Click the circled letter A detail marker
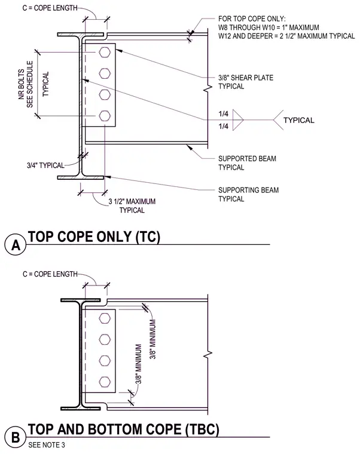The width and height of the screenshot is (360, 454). point(16,245)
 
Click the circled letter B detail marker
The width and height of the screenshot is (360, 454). point(16,437)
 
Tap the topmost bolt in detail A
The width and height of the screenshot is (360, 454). point(105,53)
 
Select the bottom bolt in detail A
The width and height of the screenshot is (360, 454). point(105,116)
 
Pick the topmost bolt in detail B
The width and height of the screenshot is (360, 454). point(105,318)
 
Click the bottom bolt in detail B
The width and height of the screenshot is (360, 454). point(105,382)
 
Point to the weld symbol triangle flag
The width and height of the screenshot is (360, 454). point(237,120)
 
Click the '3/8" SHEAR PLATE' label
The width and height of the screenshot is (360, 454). point(246,78)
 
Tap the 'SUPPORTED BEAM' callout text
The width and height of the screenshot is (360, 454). point(247,159)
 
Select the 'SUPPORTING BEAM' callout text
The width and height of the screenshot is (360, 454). point(248,190)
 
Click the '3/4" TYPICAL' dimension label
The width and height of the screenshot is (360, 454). point(45,165)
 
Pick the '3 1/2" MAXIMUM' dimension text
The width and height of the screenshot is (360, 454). point(132,201)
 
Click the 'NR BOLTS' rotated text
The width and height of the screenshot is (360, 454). point(22,84)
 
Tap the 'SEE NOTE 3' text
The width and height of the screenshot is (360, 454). point(47,444)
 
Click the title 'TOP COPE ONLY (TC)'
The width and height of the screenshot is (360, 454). point(94,237)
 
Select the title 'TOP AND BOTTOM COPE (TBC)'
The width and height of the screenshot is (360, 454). point(123,429)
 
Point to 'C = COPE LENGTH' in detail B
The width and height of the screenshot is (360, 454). point(50,274)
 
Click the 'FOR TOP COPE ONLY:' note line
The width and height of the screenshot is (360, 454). point(252,19)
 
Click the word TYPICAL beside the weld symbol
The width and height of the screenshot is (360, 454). point(299,120)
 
